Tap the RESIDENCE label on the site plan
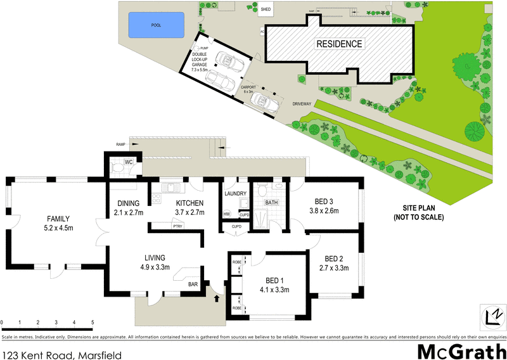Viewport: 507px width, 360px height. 340,44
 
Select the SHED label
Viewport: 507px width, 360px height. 266,10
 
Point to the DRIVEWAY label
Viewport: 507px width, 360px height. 301,103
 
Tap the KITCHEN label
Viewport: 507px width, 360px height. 189,203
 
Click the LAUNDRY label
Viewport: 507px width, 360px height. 236,193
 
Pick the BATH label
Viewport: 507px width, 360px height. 271,203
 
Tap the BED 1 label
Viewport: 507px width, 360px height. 274,281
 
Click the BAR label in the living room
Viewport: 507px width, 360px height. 193,285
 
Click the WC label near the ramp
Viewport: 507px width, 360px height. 128,162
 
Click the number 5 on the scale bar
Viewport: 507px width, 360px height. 93,323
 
